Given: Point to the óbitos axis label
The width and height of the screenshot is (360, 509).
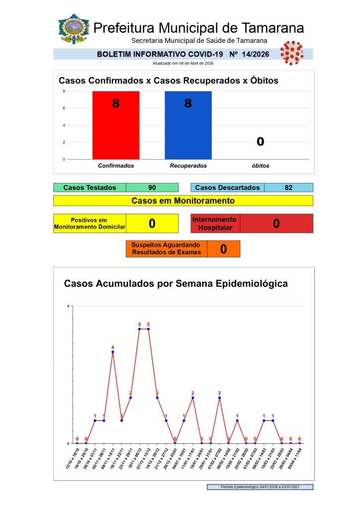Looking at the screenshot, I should click(x=260, y=166).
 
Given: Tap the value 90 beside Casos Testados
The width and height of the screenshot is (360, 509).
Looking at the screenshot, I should click(x=152, y=187).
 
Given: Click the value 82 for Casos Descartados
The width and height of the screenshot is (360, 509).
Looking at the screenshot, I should click(x=288, y=187).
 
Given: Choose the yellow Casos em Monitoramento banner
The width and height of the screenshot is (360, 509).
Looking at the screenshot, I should click(x=183, y=201).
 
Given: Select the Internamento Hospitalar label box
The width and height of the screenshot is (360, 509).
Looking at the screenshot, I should click(x=215, y=223).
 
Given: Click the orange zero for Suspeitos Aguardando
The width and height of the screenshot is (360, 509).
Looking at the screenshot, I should click(x=223, y=249).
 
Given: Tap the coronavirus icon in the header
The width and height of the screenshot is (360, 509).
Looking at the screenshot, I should click(x=291, y=53).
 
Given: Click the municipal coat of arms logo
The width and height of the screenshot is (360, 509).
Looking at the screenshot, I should click(x=74, y=29).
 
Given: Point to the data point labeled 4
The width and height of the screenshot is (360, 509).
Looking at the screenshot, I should click(x=113, y=352).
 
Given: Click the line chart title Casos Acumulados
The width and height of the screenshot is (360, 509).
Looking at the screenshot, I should click(x=176, y=284).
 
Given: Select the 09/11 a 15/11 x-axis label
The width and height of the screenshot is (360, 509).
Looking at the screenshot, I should click(x=108, y=457).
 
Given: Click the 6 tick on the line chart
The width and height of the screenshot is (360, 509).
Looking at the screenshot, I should click(x=68, y=306).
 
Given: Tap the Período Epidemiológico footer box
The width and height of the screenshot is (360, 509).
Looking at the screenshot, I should click(x=260, y=487).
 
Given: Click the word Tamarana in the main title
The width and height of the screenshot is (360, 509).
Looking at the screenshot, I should click(x=273, y=28).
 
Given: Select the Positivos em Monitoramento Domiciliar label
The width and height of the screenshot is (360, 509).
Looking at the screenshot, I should click(x=90, y=223).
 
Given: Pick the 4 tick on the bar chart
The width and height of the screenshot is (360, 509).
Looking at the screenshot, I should click(x=64, y=125).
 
